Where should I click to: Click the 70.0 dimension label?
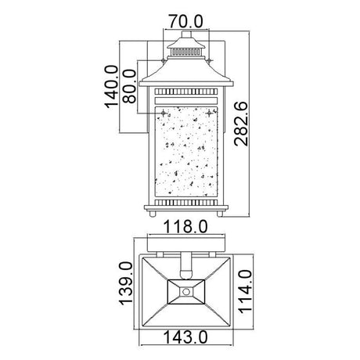185,21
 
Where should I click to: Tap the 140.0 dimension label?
111,87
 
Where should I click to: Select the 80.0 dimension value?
129,86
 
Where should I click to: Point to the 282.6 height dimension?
241,124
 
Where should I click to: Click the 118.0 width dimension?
185,226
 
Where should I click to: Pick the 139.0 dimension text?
126,283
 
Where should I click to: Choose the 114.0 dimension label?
245,291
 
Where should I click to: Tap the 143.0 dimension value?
185,337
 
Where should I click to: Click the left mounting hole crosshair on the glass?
164,113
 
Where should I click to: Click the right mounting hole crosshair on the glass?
209,113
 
